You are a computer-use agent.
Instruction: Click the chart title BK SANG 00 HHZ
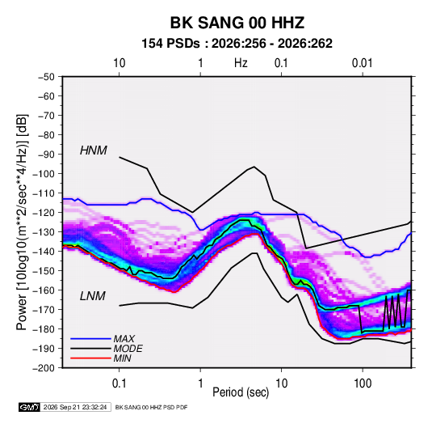tap(237, 23)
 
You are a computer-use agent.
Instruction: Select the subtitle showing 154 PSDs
tap(237, 44)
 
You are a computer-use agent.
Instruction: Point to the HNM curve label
tap(94, 150)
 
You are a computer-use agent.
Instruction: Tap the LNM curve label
tap(93, 296)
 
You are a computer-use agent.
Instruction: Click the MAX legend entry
tap(124, 339)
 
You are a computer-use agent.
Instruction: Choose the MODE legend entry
tap(128, 349)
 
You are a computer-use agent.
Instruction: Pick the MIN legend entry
tap(122, 358)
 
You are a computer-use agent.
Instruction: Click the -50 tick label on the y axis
tap(46, 77)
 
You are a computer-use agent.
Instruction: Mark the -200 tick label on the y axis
tap(44, 368)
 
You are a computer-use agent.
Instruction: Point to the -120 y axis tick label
tap(44, 213)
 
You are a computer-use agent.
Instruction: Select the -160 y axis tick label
tap(44, 290)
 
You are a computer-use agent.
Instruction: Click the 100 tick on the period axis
tap(363, 384)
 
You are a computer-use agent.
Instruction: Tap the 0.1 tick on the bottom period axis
tap(119, 384)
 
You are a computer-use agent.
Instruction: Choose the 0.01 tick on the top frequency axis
tap(362, 63)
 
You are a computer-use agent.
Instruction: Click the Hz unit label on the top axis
tap(241, 63)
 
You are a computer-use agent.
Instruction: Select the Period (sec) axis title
tap(241, 392)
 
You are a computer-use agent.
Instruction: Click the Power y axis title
tap(22, 222)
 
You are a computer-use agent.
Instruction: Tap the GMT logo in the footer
tap(29, 407)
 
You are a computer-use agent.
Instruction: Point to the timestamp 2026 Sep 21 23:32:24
tap(75, 407)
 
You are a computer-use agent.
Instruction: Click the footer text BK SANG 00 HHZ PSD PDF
tap(151, 407)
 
